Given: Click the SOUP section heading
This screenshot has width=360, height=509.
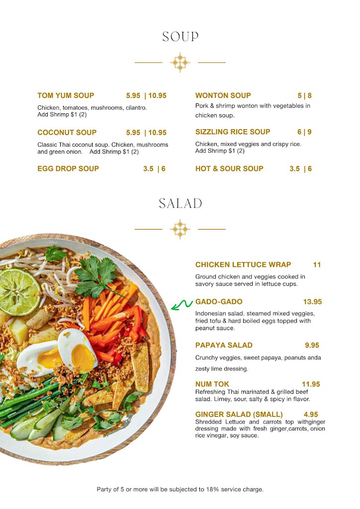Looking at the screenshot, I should (180, 37).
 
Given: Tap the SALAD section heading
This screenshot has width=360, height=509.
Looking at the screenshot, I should (180, 203).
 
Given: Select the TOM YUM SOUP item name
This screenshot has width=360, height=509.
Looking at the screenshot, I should (66, 95).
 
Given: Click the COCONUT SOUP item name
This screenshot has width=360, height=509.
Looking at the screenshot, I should (67, 133).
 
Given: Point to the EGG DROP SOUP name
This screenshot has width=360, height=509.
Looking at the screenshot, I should (68, 169).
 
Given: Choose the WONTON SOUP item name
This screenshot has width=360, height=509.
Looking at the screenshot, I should (223, 95).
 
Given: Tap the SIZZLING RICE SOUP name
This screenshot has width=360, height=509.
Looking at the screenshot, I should (233, 132).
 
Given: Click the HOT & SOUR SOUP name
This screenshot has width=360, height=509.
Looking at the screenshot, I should (229, 169).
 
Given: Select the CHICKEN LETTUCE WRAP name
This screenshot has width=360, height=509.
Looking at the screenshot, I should (243, 264).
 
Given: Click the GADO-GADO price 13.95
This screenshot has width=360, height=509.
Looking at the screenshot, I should (312, 302).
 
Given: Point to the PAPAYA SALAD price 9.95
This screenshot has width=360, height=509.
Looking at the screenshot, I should (312, 345).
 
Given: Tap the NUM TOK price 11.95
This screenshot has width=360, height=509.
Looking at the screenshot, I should (311, 384).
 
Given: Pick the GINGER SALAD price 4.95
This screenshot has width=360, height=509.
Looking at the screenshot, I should (311, 414).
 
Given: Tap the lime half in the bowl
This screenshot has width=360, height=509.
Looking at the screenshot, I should (19, 292).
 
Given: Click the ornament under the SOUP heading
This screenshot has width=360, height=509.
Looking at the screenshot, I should (180, 63).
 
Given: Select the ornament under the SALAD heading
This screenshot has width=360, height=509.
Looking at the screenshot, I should (180, 229).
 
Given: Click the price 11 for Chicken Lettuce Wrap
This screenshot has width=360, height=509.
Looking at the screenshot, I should (317, 264).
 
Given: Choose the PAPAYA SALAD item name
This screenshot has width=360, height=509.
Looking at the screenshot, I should (224, 345).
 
